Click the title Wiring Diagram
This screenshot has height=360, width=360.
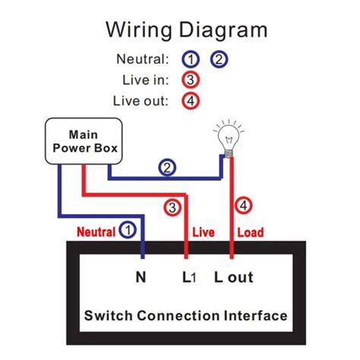186,30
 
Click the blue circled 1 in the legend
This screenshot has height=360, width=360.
191,59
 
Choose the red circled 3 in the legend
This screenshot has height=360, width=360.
191,79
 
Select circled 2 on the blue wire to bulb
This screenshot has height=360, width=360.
166,169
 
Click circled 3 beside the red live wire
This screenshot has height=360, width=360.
172,205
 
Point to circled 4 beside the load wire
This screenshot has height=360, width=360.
243,205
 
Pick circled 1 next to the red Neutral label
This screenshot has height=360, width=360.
130,229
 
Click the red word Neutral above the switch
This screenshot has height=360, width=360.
95,230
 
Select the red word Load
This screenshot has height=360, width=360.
251,230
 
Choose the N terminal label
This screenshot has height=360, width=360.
141,277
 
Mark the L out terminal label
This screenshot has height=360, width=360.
233,277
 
